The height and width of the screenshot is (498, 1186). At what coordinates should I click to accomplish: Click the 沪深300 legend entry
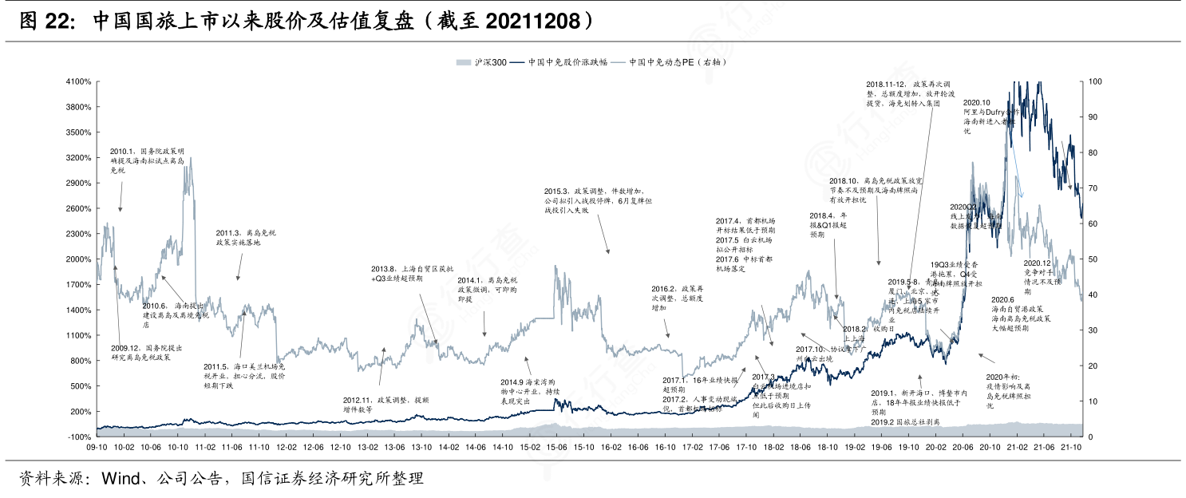click(481, 62)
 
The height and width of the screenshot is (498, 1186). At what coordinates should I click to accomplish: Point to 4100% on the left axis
click(78, 81)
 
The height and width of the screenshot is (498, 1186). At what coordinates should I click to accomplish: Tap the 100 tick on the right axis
click(1095, 81)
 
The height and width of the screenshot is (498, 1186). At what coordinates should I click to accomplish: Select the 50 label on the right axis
click(1093, 259)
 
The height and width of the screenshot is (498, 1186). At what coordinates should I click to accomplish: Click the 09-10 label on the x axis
click(97, 448)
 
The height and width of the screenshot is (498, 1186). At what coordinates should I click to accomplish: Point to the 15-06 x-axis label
click(557, 448)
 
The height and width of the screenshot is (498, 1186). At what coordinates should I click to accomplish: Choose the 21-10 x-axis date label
click(1071, 448)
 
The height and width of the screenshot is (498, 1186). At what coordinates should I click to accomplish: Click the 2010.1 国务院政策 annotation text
click(148, 160)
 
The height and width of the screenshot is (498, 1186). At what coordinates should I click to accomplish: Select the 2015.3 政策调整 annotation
click(599, 201)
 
